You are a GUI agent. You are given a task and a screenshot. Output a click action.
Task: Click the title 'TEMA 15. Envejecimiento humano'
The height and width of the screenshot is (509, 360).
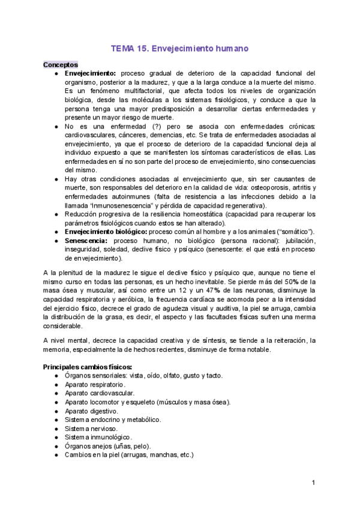(180, 47)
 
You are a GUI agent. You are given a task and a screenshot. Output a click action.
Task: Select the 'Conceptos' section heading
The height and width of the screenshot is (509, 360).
(60, 64)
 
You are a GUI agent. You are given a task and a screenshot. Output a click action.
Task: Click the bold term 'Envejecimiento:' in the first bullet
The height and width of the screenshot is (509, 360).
(90, 73)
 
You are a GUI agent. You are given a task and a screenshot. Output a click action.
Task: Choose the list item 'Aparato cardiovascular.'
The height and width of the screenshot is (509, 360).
(99, 393)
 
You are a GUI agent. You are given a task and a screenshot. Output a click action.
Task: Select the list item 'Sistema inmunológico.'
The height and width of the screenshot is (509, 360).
(98, 438)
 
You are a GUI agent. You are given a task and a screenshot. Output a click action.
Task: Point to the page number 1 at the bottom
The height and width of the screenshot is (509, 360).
(313, 483)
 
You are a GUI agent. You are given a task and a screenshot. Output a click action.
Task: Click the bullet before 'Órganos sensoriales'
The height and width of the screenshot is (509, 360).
(56, 375)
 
